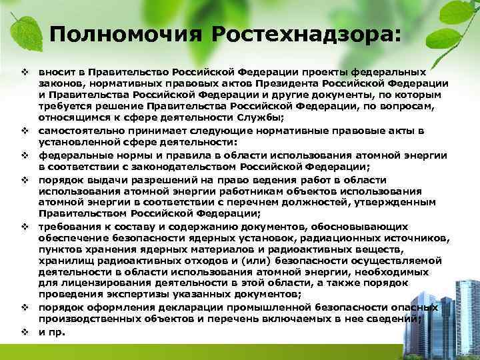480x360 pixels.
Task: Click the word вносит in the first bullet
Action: point(55,71)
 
